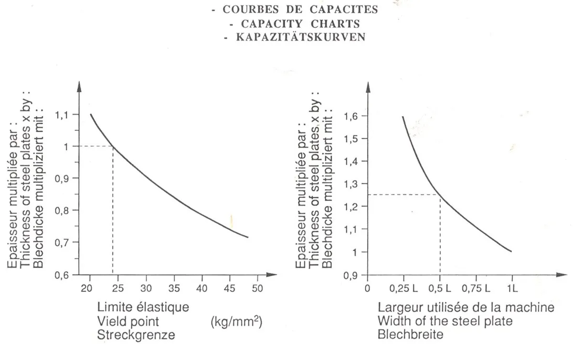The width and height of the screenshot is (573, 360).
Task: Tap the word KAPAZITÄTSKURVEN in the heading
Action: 301,37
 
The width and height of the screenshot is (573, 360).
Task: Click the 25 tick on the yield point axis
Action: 118,288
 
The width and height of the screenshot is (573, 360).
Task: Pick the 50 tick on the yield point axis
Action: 257,288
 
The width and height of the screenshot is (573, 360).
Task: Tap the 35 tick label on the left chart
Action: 174,288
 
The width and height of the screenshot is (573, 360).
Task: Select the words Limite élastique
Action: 143,307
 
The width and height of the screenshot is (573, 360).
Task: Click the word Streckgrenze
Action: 136,335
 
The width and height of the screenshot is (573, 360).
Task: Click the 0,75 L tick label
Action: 476,288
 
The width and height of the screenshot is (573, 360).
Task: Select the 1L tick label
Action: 512,288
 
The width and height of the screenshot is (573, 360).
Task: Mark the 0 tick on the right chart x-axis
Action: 367,288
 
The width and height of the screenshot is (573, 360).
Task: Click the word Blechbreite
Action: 410,335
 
